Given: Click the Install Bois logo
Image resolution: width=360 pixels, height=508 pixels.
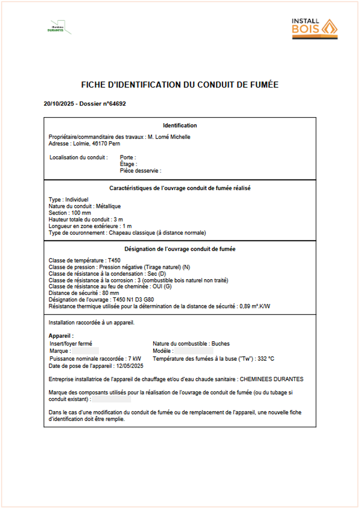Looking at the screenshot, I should pos(314,29).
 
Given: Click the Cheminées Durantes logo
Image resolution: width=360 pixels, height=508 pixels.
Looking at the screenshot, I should pos(58,27).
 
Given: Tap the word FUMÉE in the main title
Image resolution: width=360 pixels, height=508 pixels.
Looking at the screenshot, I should pos(263,85).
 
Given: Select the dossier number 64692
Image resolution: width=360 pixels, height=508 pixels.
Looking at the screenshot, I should pos(115,104).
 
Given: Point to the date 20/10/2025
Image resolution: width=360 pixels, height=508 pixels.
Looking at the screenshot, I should pos(58,104).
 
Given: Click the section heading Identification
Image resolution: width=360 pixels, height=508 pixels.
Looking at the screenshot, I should pos(180,126).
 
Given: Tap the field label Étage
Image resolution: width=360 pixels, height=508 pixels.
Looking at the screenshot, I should pos(128,164).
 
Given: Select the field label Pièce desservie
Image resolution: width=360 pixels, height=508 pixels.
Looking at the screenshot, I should pos(140,171).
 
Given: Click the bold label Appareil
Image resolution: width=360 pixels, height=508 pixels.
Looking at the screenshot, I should pos(61,336).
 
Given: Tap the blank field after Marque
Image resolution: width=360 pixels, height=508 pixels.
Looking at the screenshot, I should pos(85,351).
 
